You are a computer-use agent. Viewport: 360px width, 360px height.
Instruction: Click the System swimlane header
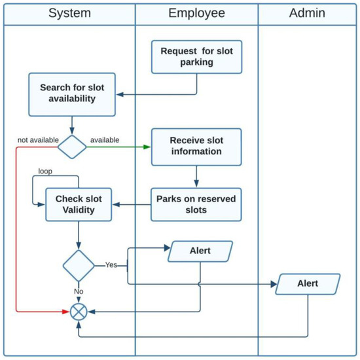pyautogui.click(x=69, y=14)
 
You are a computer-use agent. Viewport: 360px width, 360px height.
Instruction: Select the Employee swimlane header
pyautogui.click(x=196, y=14)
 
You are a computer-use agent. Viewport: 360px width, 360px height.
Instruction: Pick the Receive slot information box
pyautogui.click(x=196, y=146)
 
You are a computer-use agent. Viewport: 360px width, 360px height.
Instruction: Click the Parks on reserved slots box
pyautogui.click(x=196, y=204)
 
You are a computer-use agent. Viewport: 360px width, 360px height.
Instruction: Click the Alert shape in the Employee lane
pyautogui.click(x=201, y=251)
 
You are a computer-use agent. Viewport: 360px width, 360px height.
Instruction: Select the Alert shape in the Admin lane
pyautogui.click(x=308, y=283)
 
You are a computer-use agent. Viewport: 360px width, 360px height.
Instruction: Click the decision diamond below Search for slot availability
pyautogui.click(x=72, y=147)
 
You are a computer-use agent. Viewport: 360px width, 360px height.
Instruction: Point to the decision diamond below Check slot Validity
pyautogui.click(x=78, y=265)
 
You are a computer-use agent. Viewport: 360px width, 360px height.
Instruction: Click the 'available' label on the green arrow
pyautogui.click(x=105, y=139)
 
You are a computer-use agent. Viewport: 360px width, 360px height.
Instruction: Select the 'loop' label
pyautogui.click(x=45, y=171)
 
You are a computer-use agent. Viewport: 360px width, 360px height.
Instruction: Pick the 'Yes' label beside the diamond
pyautogui.click(x=111, y=265)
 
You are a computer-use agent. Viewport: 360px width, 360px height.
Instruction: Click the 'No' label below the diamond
pyautogui.click(x=79, y=291)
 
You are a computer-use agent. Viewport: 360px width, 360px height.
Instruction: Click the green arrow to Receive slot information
pyautogui.click(x=118, y=147)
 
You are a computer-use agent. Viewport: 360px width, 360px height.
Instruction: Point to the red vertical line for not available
pyautogui.click(x=16, y=229)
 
